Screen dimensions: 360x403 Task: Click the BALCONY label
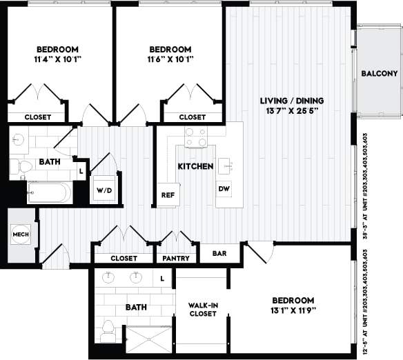click(x=379, y=74)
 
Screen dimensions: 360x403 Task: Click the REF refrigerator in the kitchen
click(x=168, y=194)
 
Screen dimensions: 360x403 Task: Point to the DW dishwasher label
click(x=224, y=188)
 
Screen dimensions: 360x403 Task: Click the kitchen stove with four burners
click(x=195, y=137)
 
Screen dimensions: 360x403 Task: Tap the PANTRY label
click(x=176, y=259)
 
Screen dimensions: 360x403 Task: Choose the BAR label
click(x=219, y=253)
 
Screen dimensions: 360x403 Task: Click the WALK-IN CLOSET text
click(x=203, y=308)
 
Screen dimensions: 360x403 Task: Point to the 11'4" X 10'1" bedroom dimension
click(x=57, y=59)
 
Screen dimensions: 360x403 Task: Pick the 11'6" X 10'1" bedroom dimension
click(x=170, y=59)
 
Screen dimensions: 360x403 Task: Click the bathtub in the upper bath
click(x=48, y=192)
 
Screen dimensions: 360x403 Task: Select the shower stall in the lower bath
click(x=148, y=340)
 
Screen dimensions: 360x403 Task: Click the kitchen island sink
click(x=224, y=166)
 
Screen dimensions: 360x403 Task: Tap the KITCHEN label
click(x=195, y=167)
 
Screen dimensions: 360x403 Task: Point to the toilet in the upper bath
click(x=24, y=166)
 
